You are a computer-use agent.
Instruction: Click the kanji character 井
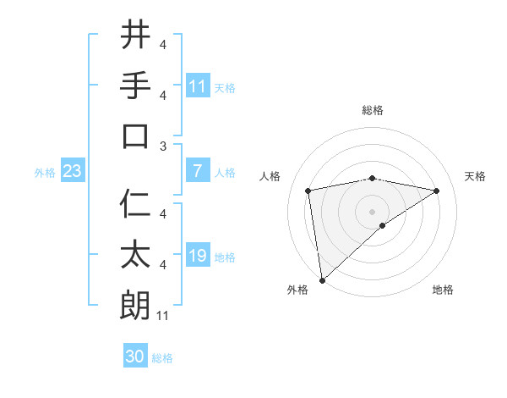tap(135, 35)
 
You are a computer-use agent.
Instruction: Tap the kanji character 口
tap(135, 135)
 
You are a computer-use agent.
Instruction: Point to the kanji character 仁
tap(135, 204)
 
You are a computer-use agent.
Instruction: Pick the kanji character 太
tap(135, 255)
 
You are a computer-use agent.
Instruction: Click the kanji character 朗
tap(135, 306)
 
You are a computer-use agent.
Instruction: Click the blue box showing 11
tap(198, 86)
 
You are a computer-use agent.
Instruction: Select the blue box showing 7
tap(198, 171)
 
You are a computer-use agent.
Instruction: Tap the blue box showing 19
tap(198, 256)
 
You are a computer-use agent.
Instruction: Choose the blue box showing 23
tap(73, 171)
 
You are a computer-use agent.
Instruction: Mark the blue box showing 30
tap(135, 357)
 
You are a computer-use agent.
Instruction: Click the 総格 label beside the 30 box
tap(162, 358)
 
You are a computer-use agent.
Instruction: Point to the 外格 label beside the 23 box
tap(45, 173)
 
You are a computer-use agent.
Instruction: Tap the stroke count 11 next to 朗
tap(164, 317)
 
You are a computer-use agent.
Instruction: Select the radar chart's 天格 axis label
tap(476, 176)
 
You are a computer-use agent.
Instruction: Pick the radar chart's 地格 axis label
tap(443, 290)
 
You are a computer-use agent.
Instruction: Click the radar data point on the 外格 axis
tap(322, 279)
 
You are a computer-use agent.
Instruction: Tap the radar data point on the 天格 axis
tap(437, 191)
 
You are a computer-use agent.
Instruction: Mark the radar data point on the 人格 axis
tap(308, 191)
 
